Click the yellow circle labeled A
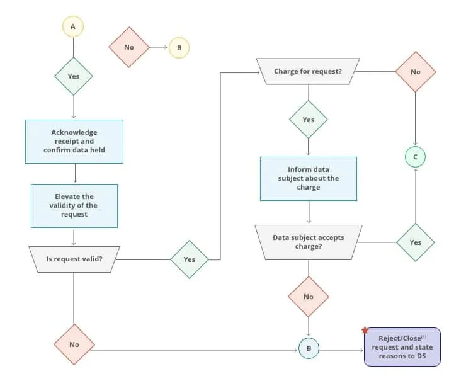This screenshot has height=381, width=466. coord(73,26)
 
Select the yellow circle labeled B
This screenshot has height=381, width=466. coord(178,47)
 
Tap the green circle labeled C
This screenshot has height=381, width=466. coord(415,156)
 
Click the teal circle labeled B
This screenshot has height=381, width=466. coord(309,348)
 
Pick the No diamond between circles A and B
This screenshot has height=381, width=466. coord(129,47)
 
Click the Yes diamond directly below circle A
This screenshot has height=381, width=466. coord(73,76)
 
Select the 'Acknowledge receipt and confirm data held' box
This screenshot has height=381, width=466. coord(74,141)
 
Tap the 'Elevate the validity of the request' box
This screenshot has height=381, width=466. coord(74,205)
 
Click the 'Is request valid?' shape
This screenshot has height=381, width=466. coord(74,259)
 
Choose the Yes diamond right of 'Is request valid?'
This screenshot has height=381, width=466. coord(190,259)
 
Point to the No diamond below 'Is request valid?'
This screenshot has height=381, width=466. coord(74,344)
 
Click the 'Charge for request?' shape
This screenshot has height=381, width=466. coord(308,71)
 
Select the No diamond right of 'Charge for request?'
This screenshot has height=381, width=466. coord(415,72)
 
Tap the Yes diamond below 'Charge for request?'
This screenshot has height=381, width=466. coord(309,120)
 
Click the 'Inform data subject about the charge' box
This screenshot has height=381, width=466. coord(309,178)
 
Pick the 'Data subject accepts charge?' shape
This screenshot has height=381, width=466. coord(309,242)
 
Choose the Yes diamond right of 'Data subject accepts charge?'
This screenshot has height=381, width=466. coord(415,242)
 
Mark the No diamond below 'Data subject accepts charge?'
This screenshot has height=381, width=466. coord(309,296)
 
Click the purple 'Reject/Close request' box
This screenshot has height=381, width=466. coord(402,347)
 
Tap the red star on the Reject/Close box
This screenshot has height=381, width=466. coord(365,330)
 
